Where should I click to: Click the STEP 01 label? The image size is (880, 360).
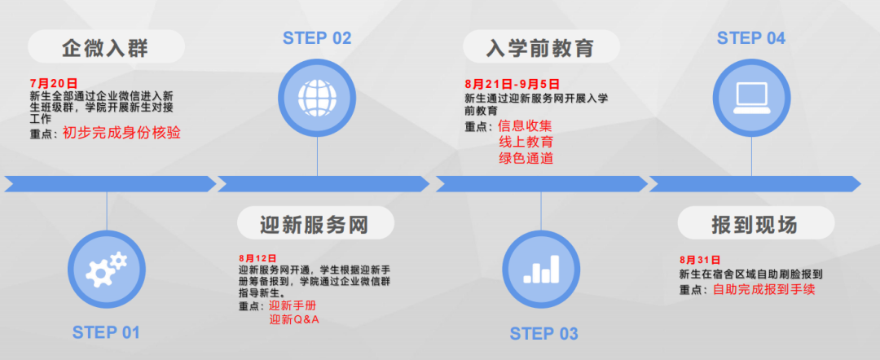106,332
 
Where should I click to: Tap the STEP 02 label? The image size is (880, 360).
317,38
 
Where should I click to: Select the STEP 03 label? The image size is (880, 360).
543,334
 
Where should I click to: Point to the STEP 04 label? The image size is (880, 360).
750,38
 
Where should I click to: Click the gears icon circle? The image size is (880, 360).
107,270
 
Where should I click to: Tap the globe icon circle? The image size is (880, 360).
317,97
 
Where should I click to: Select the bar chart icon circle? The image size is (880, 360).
542,270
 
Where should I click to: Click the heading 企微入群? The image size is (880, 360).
105,48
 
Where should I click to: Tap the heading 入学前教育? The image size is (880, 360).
540,48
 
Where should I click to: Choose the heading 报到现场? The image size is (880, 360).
755,224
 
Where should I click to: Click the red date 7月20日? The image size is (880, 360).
53,84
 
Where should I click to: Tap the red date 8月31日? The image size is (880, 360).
699,259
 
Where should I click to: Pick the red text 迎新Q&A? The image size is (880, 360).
295,319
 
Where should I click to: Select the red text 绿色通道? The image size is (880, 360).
526,158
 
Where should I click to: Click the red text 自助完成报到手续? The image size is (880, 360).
764,289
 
